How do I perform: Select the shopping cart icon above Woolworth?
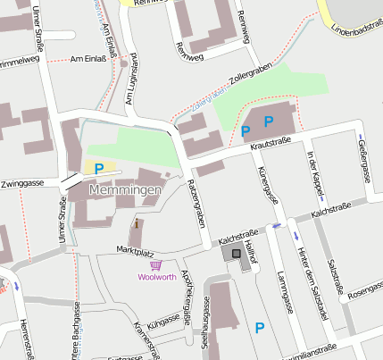[155, 264]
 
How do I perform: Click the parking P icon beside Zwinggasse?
[99, 167]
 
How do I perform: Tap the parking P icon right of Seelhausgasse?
[260, 328]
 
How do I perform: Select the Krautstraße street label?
[272, 142]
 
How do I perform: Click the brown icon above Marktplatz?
[137, 226]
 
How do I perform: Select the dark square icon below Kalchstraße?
[236, 254]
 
